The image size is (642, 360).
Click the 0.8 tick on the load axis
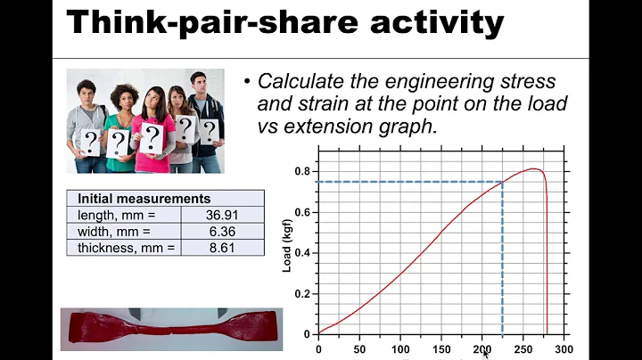pyautogui.click(x=304, y=170)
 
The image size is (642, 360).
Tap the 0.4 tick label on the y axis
pyautogui.click(x=304, y=252)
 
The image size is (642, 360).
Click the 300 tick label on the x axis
pyautogui.click(x=563, y=348)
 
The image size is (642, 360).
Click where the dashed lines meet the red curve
pyautogui.click(x=502, y=182)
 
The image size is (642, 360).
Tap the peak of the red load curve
pyautogui.click(x=533, y=168)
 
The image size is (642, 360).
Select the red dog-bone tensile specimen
pyautogui.click(x=169, y=327)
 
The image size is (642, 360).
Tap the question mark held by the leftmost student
pyautogui.click(x=90, y=140)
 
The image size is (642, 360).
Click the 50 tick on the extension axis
pyautogui.click(x=359, y=348)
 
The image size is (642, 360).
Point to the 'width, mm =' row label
pyautogui.click(x=114, y=231)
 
